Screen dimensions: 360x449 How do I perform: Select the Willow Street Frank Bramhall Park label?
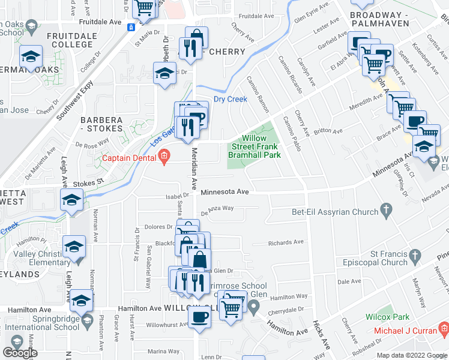pyautogui.click(x=255, y=146)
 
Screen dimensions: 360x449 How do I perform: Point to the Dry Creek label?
pyautogui.click(x=231, y=100)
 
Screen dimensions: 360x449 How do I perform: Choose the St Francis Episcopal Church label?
pyautogui.click(x=376, y=258)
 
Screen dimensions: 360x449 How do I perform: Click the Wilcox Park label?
pyautogui.click(x=387, y=316)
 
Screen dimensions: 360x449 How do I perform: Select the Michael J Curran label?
pyautogui.click(x=405, y=331)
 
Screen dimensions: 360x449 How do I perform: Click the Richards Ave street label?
pyautogui.click(x=286, y=243)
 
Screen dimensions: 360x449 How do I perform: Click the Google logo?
pyautogui.click(x=20, y=353)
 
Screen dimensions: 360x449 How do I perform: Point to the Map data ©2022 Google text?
pyautogui.click(x=411, y=355)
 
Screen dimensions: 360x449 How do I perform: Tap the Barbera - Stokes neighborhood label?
pyautogui.click(x=101, y=124)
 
